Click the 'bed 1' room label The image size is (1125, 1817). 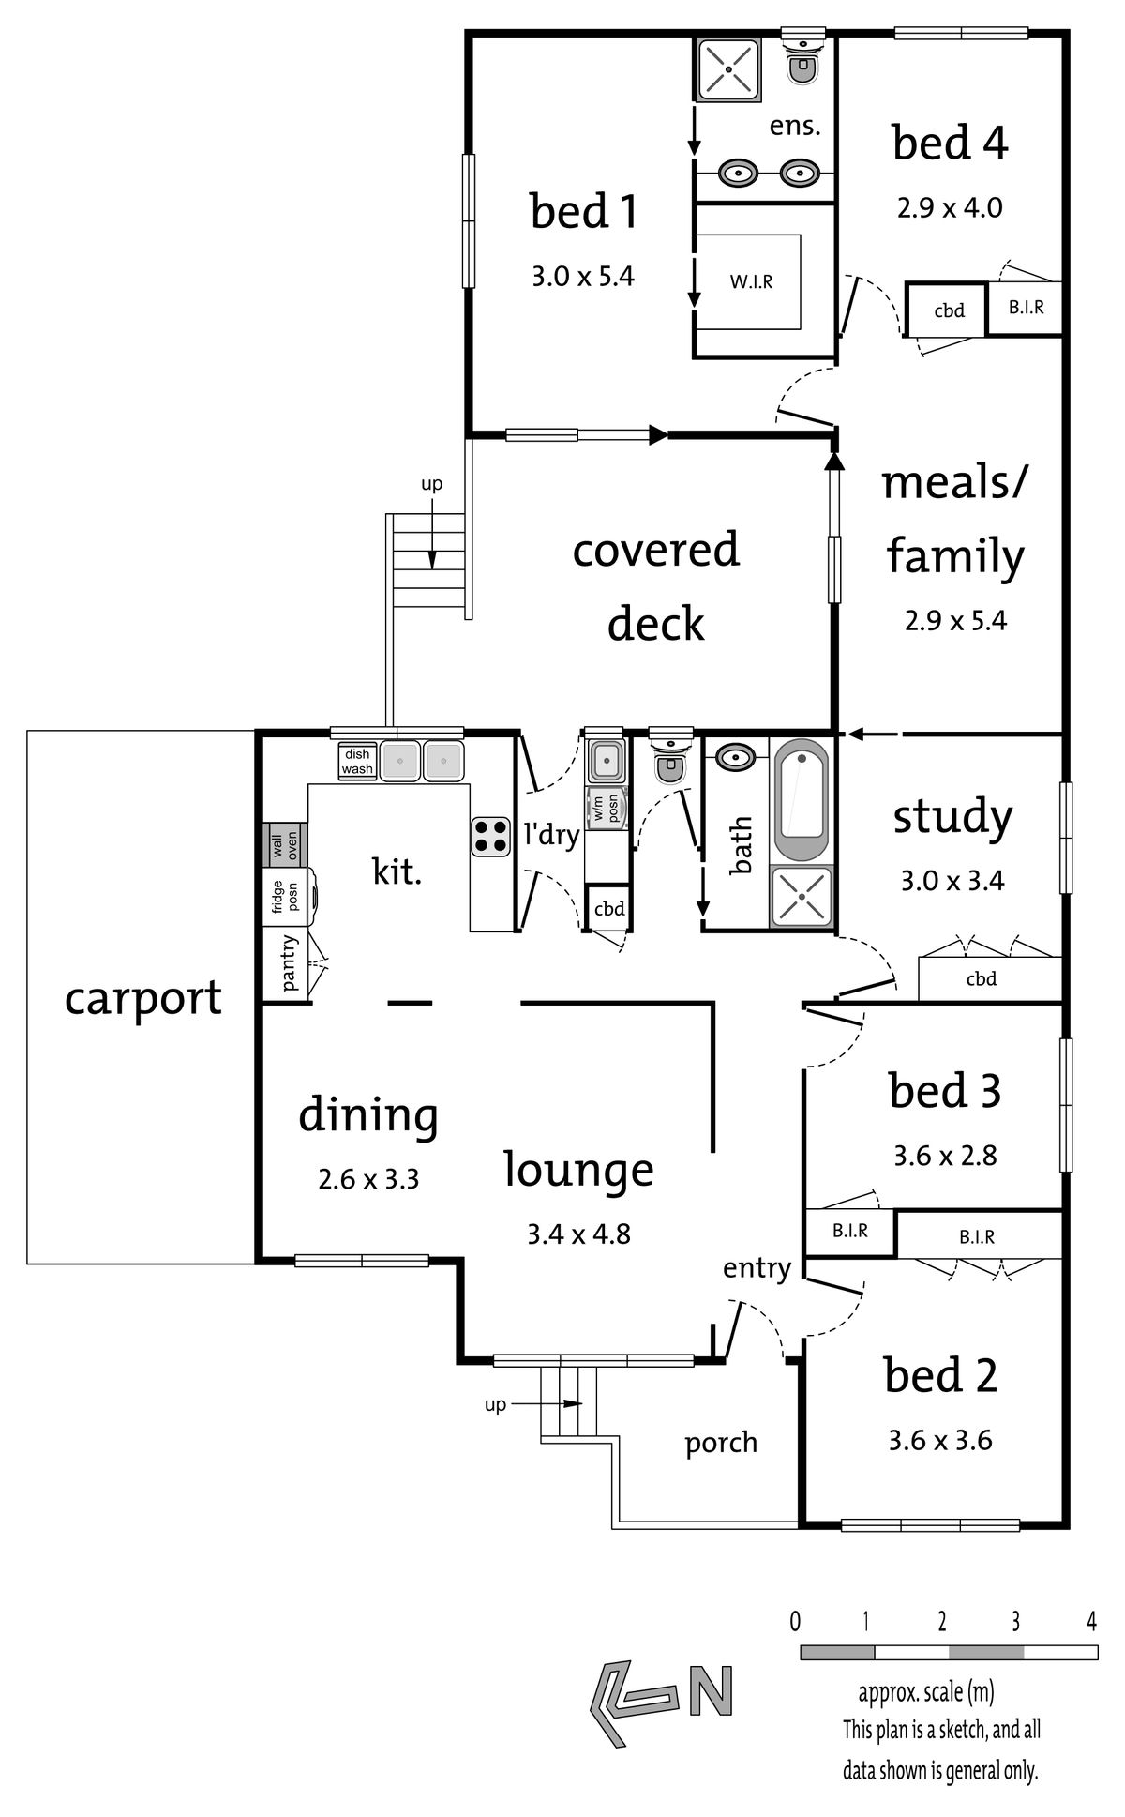tap(584, 211)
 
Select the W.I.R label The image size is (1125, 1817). tap(752, 281)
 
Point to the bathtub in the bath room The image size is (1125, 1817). tap(801, 800)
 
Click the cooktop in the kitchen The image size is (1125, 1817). tap(490, 837)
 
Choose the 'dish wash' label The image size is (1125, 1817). tap(357, 762)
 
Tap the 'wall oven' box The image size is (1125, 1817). tap(283, 844)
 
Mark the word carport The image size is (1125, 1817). tap(143, 999)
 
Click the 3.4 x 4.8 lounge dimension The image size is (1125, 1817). tap(578, 1234)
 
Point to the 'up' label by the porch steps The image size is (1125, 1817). tap(495, 1404)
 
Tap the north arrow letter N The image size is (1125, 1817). tap(711, 1691)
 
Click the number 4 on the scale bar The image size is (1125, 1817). tap(1090, 1621)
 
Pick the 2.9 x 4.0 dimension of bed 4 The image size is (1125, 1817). tap(950, 208)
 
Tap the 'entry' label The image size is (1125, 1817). tap(757, 1269)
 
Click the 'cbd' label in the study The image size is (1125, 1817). tap(982, 979)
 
